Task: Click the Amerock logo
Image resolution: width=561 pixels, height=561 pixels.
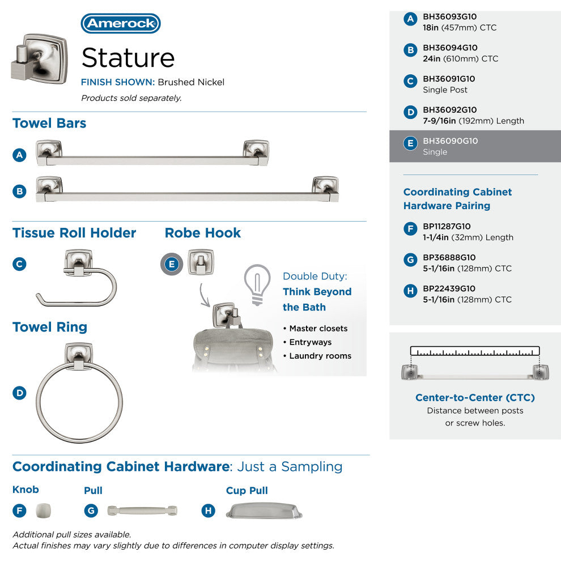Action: [x=121, y=24]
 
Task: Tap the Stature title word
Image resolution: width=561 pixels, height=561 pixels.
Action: [x=128, y=58]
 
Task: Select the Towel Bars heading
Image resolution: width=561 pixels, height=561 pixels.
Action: [x=49, y=124]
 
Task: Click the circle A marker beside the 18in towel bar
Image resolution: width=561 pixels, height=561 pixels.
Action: [x=20, y=155]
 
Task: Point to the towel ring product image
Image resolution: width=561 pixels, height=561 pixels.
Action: [x=79, y=392]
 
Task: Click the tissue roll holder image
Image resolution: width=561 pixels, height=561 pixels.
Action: [x=77, y=277]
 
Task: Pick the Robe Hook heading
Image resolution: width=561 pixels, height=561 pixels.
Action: [x=202, y=233]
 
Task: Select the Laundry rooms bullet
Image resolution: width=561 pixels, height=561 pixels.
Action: [x=320, y=356]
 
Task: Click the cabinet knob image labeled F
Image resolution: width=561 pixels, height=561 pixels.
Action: [x=43, y=511]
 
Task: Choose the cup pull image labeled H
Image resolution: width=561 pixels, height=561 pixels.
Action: [x=264, y=511]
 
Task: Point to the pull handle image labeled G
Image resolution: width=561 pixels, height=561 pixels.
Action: [x=142, y=511]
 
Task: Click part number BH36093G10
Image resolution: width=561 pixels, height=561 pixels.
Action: [x=450, y=17]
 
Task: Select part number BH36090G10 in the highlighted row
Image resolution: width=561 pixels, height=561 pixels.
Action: [x=450, y=141]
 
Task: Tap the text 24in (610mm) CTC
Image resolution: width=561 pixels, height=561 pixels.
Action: [x=460, y=59]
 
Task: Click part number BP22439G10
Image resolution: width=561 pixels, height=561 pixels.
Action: [x=449, y=288]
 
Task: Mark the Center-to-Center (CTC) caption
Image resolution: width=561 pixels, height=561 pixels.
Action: [x=475, y=398]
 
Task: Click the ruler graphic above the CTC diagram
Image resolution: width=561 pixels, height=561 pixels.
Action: [x=475, y=351]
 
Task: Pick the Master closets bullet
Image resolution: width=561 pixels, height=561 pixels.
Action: [x=318, y=329]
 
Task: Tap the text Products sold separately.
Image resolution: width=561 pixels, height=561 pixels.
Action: [x=131, y=98]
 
